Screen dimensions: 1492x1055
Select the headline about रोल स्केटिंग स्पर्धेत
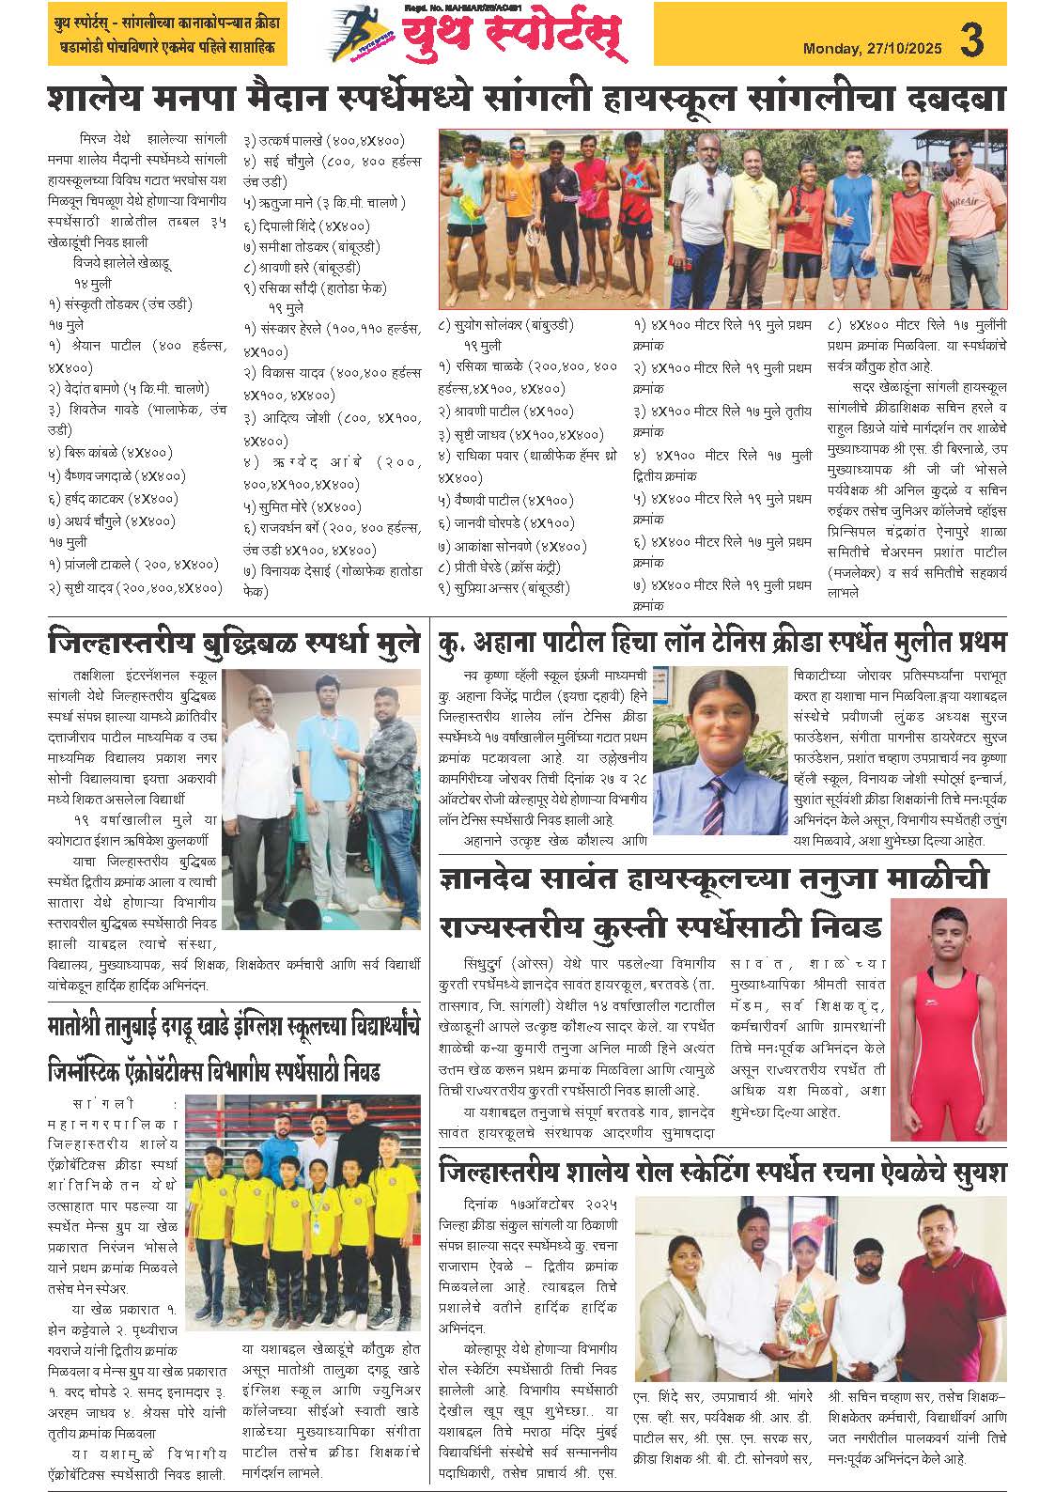721,1173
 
